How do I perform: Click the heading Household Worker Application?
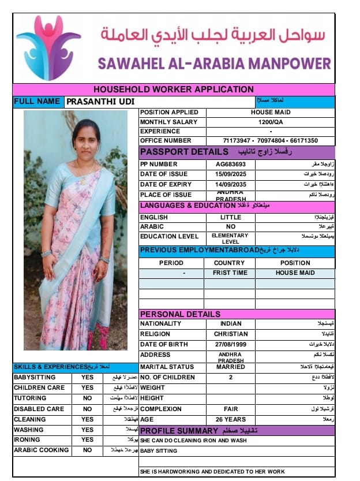173,90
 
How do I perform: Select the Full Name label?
37,102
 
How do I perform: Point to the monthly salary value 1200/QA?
270,122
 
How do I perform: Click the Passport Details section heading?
184,152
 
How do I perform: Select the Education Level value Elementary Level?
230,238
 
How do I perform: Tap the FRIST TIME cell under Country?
230,273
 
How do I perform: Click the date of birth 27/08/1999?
230,345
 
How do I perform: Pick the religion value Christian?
230,334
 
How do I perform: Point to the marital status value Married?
230,367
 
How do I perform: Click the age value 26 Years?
230,419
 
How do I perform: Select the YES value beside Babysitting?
87,378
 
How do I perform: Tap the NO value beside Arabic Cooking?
87,450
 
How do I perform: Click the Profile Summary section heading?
179,431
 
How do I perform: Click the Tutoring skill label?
30,398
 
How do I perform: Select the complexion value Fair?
230,409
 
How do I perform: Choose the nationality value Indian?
230,323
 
